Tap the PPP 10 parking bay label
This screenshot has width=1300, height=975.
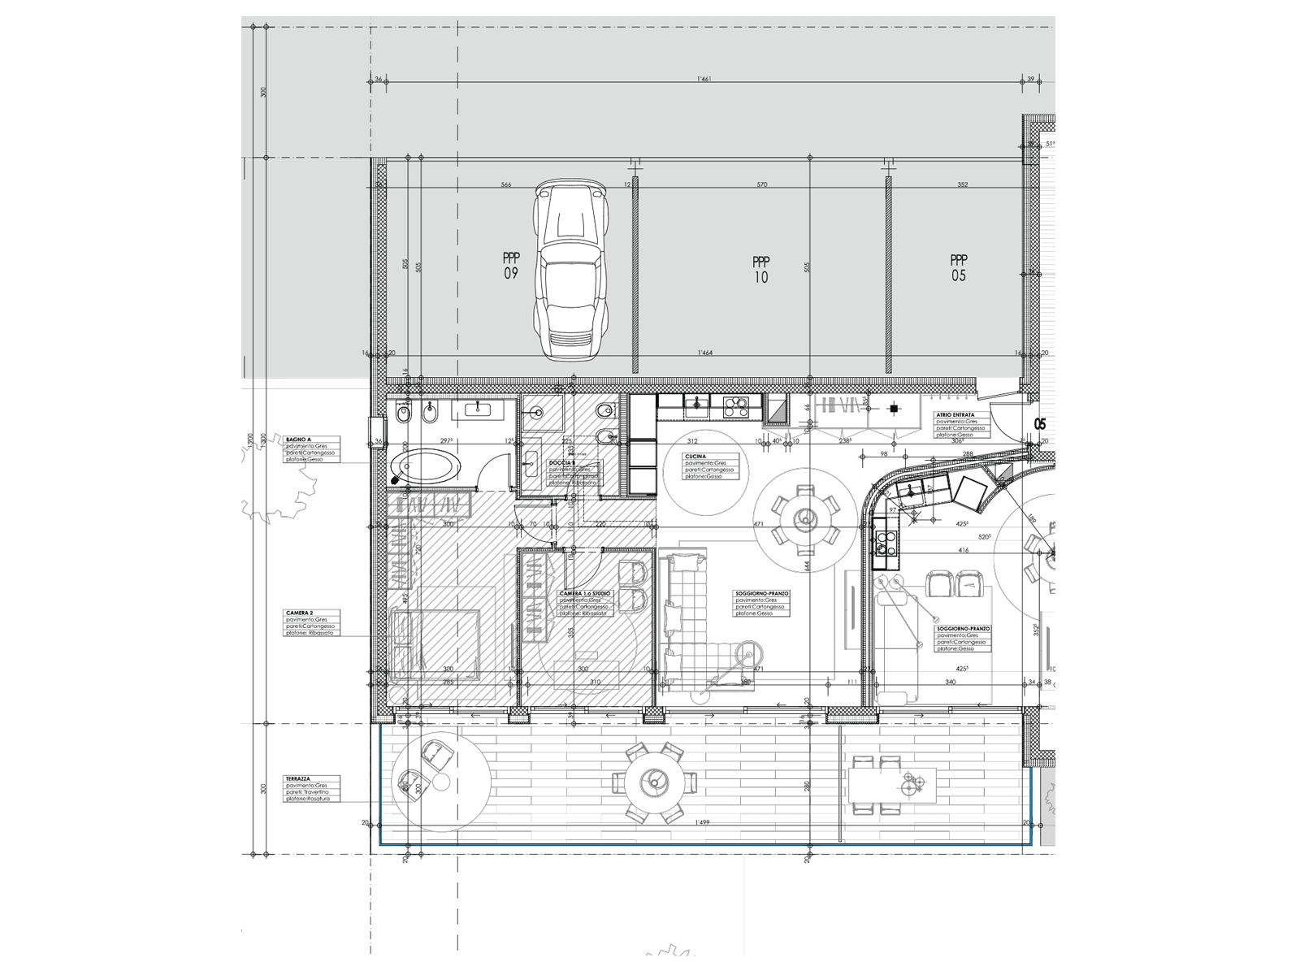[x=760, y=270]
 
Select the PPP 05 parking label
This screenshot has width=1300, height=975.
[x=959, y=268]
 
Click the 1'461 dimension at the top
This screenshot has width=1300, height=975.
[x=704, y=79]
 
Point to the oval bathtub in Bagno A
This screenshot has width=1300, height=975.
[x=426, y=468]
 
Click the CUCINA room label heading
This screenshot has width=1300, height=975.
[x=695, y=457]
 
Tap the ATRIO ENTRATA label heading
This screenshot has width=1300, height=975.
[x=955, y=414]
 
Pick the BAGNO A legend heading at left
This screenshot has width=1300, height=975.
[x=298, y=439]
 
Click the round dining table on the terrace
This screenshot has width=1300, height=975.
[x=654, y=782]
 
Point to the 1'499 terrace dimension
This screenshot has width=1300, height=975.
[x=704, y=823]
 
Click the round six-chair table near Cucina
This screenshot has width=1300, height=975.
[x=805, y=517]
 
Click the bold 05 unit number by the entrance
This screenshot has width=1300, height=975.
[x=1040, y=424]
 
